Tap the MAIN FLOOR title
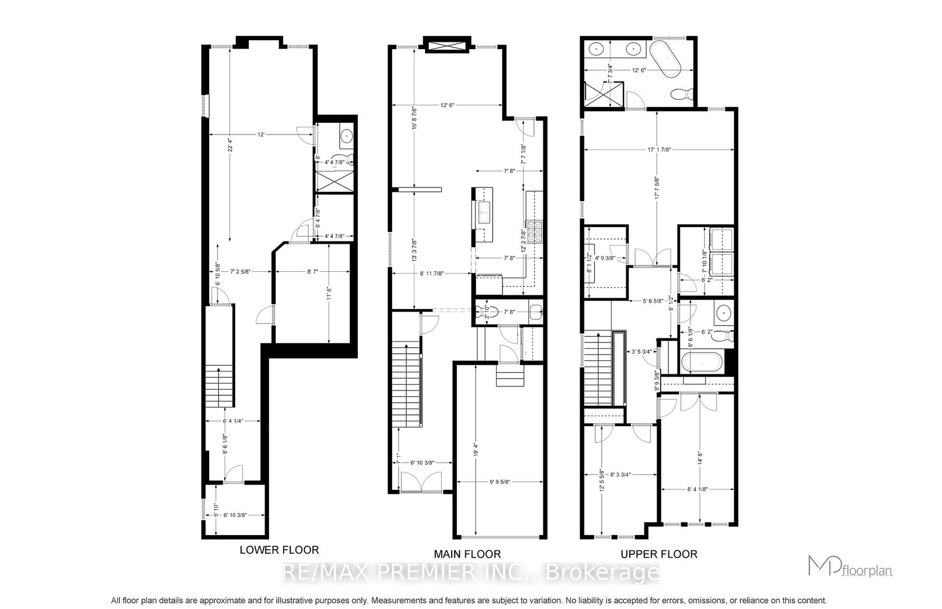(x=467, y=554)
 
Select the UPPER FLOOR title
(x=659, y=554)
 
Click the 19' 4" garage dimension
(x=476, y=450)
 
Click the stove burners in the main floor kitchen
(x=535, y=231)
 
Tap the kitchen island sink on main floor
(x=484, y=212)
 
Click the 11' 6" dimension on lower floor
(x=329, y=293)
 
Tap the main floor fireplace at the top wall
(x=447, y=44)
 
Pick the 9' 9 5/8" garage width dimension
(x=500, y=482)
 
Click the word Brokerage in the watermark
(x=602, y=572)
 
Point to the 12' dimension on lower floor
(x=261, y=135)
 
